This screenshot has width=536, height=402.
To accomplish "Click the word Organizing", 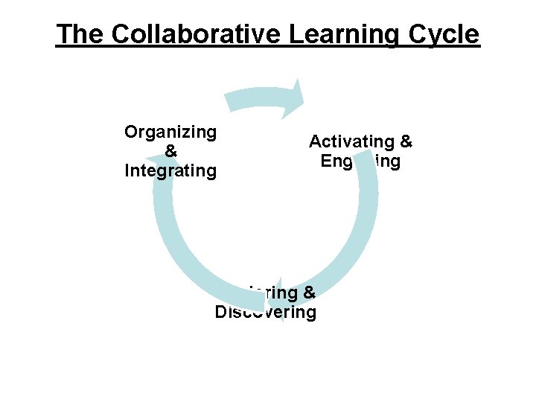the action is coord(170,133).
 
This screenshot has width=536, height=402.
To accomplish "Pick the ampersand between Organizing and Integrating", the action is coord(170,151).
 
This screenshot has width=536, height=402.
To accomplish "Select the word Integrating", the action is coord(170,170).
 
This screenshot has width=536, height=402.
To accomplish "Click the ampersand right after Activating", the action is coord(406,141).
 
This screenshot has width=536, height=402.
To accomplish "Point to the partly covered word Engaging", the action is coord(361,161).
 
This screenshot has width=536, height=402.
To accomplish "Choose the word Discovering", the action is coord(266,312).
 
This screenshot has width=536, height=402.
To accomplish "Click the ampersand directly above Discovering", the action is coord(310,293).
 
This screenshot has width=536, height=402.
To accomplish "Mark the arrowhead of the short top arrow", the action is coord(297,96).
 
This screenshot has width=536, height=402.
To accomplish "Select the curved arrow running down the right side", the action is coord(361,223).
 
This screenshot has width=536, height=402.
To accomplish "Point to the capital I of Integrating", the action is coord(127,170).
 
